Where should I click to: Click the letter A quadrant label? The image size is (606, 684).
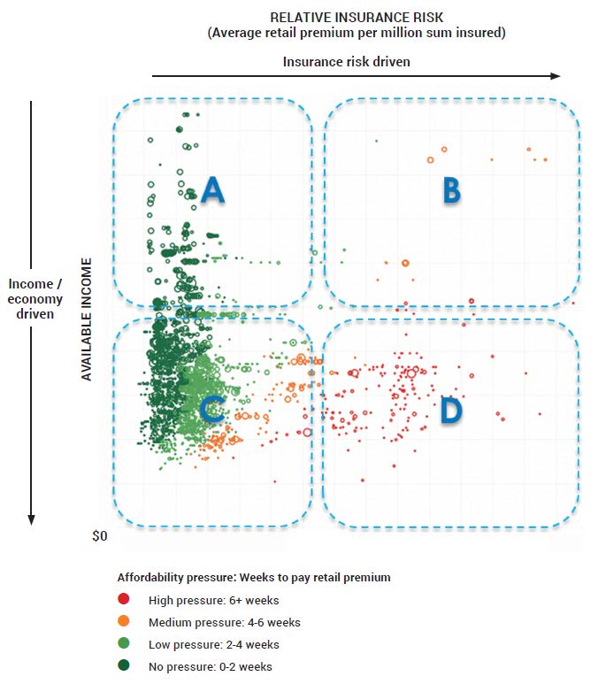pyautogui.click(x=211, y=188)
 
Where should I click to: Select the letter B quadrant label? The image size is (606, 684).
pyautogui.click(x=451, y=189)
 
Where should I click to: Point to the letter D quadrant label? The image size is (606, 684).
pyautogui.click(x=451, y=410)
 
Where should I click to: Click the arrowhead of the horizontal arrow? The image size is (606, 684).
pyautogui.click(x=556, y=76)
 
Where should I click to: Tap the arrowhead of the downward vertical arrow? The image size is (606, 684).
pyautogui.click(x=32, y=519)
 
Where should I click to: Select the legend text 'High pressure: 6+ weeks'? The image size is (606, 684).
pyautogui.click(x=206, y=600)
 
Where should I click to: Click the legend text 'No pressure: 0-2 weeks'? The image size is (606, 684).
pyautogui.click(x=211, y=667)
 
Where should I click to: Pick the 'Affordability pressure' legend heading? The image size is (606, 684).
pyautogui.click(x=254, y=578)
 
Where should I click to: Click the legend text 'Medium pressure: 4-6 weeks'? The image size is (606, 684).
pyautogui.click(x=225, y=622)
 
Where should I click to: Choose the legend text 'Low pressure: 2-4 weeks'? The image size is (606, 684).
pyautogui.click(x=214, y=645)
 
